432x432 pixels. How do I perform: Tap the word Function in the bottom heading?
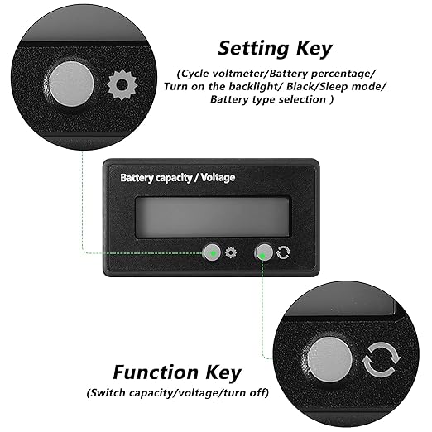pos(156,372)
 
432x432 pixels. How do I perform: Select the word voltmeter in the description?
pos(240,74)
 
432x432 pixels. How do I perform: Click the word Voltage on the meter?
pos(218,177)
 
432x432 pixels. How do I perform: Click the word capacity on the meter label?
pos(173,178)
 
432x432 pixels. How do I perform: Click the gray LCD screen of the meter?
pos(213,217)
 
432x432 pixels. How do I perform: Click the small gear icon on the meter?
pos(231,252)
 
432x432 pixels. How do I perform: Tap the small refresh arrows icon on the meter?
pos(283,252)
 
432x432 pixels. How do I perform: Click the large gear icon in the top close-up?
pos(122,85)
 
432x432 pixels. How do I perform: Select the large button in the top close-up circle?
pos(71,84)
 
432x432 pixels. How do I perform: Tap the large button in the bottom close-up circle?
pos(330,361)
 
